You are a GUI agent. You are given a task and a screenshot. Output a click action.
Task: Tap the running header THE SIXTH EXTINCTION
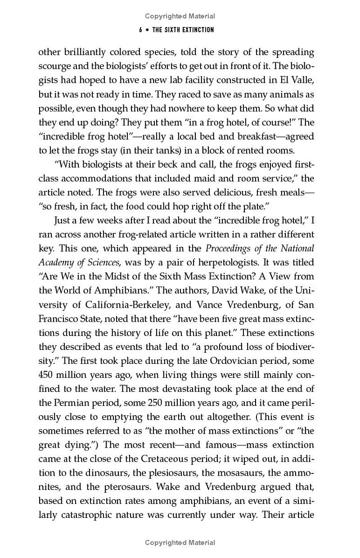click(x=183, y=30)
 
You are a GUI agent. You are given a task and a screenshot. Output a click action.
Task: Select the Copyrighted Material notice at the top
click(x=180, y=16)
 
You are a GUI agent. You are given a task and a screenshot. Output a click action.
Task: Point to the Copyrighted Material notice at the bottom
click(x=180, y=543)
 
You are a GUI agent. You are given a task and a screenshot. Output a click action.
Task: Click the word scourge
click(x=54, y=66)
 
